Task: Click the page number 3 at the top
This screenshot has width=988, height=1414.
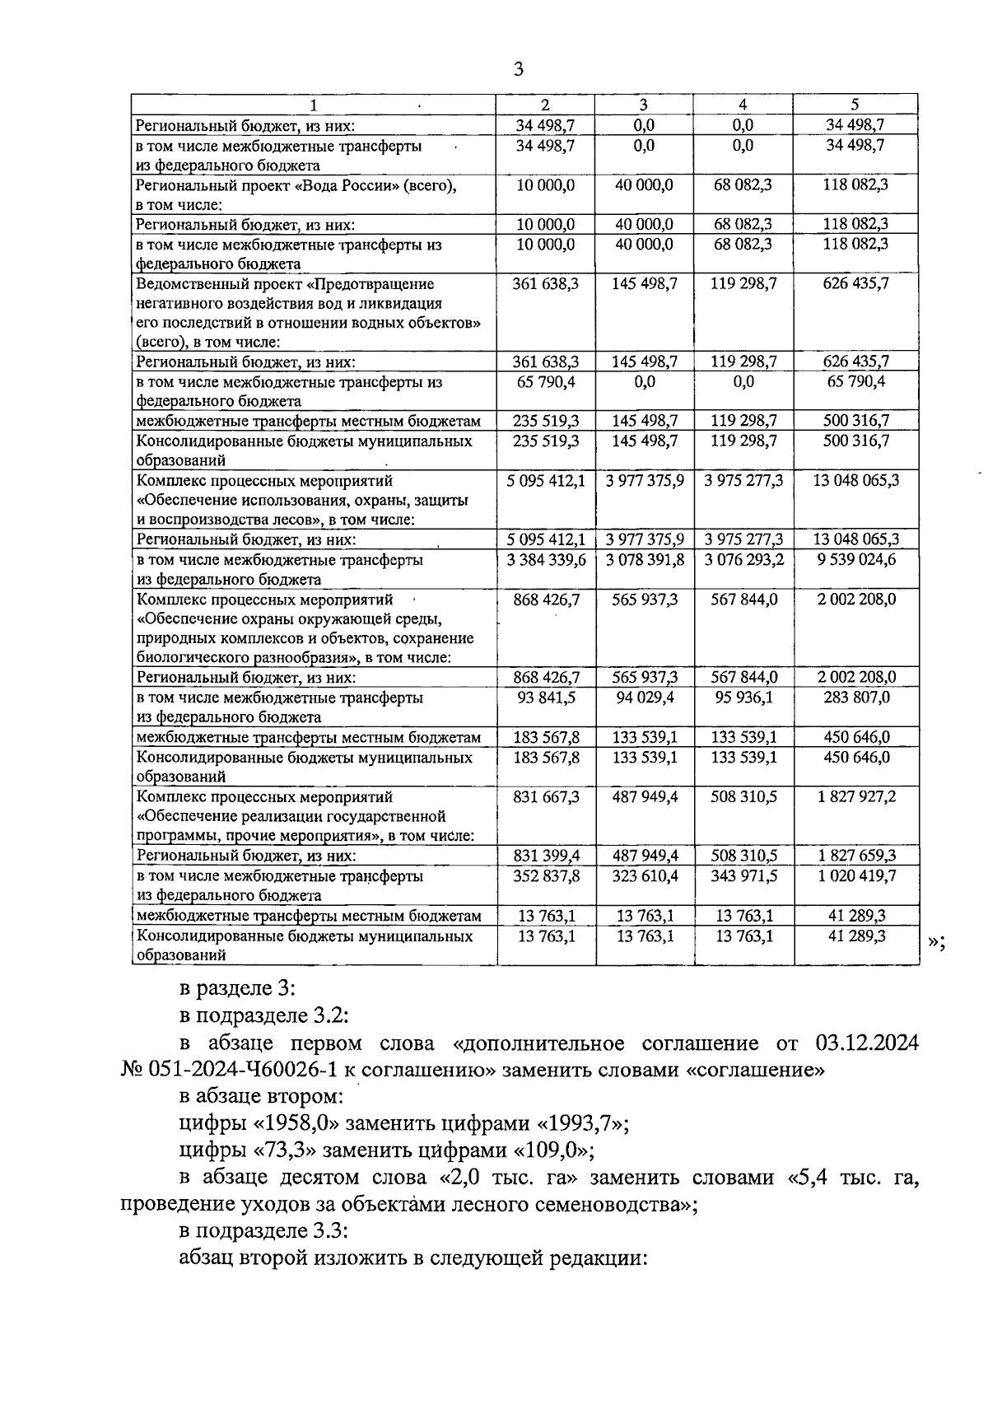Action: [518, 69]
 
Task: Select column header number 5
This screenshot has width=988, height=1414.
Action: [855, 105]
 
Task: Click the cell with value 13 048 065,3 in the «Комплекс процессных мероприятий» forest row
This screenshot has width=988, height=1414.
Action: [855, 480]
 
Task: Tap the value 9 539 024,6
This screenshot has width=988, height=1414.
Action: [855, 560]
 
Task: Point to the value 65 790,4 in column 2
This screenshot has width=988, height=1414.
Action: [545, 382]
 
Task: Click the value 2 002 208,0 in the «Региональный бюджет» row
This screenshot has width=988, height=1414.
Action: [856, 677]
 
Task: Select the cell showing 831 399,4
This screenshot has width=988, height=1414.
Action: [545, 856]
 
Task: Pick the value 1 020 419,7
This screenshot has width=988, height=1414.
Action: [855, 876]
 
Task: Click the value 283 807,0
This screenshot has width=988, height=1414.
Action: [856, 698]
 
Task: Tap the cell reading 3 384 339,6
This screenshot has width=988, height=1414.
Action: [545, 560]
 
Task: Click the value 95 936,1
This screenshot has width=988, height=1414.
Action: [743, 698]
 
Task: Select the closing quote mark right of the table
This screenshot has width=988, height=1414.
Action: [936, 943]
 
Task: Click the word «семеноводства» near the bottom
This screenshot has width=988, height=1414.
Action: [599, 1205]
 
